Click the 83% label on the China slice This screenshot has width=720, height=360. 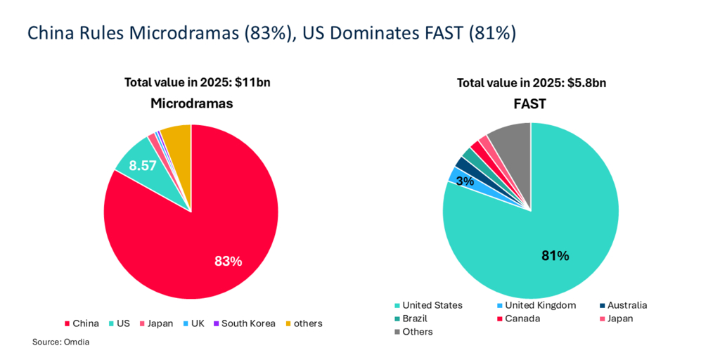point(229,261)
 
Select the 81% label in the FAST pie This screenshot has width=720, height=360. point(555,256)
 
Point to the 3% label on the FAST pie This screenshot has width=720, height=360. point(465,181)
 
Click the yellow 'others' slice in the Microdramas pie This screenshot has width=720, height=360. point(176,136)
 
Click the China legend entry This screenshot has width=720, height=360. point(82,323)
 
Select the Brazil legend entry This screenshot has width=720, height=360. point(411,319)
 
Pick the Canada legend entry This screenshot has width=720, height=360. point(515,319)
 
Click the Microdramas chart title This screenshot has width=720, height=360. point(192,104)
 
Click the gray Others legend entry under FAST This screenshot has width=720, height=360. point(413,332)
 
